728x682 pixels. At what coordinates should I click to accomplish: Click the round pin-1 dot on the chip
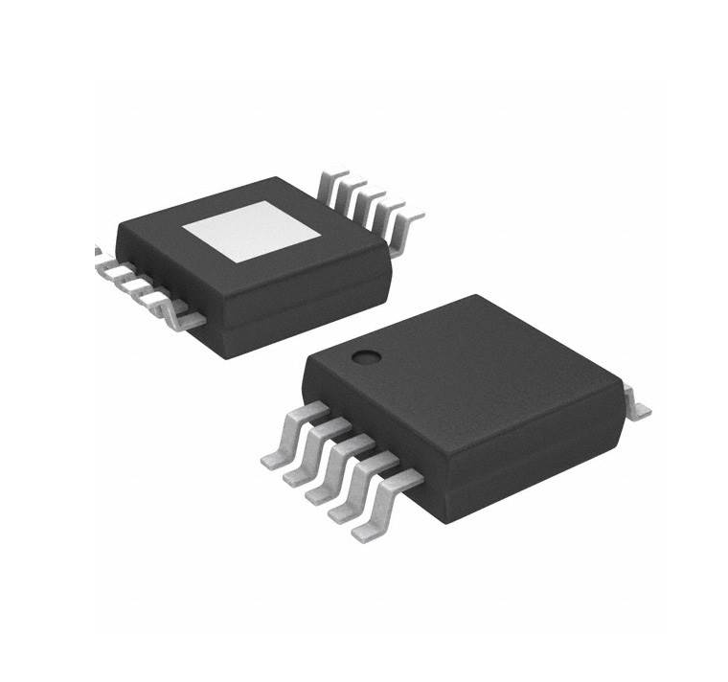tap(365, 359)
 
